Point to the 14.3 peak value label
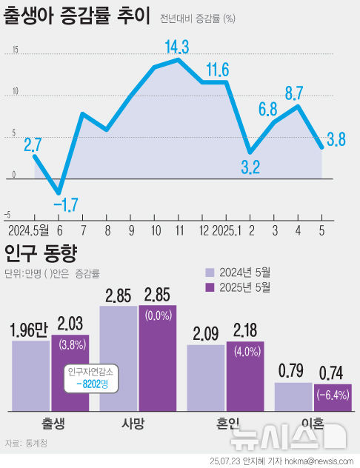pos(176,47)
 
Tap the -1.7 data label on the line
pos(65,202)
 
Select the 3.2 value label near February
pos(250,168)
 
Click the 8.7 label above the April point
pos(293,93)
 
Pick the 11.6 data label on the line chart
pos(217,70)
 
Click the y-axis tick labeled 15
pos(15,50)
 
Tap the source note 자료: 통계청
pos(25,444)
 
